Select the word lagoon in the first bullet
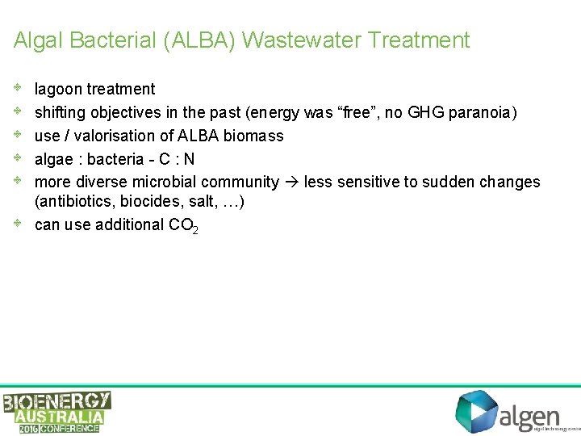pyautogui.click(x=59, y=89)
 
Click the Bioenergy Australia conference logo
pyautogui.click(x=57, y=412)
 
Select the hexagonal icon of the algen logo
pyautogui.click(x=476, y=412)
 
